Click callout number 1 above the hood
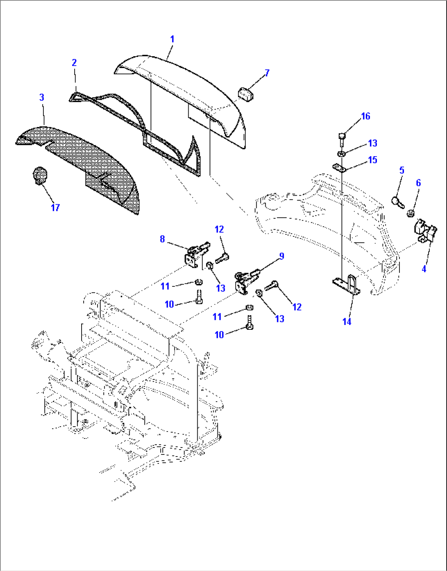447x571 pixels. [x=172, y=39]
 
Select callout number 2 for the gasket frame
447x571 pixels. [x=74, y=62]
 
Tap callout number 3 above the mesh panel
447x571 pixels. [x=41, y=97]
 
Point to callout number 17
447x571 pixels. [x=55, y=208]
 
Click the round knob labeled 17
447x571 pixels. [x=39, y=176]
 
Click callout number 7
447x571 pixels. [x=267, y=73]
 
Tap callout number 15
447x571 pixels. [x=372, y=160]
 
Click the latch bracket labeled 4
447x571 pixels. [x=426, y=232]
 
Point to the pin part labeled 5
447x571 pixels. [x=397, y=202]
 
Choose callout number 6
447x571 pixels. [x=418, y=183]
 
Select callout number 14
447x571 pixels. [x=347, y=322]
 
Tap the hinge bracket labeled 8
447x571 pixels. [x=194, y=257]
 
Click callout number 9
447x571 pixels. [x=281, y=256]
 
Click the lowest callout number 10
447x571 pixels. [x=219, y=335]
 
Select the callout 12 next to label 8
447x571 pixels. [x=219, y=229]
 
